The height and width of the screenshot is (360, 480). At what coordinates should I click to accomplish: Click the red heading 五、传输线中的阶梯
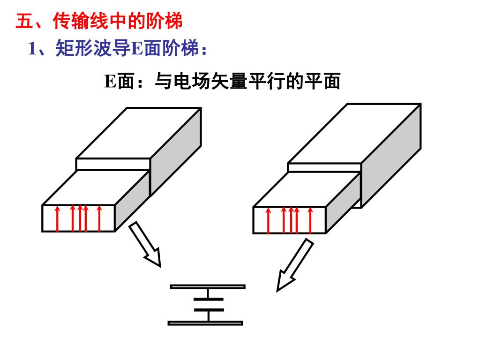tap(99, 22)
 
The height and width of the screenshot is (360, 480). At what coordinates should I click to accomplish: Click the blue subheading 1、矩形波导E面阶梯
tap(117, 48)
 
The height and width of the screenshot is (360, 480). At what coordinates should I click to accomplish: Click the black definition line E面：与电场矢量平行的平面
tap(222, 81)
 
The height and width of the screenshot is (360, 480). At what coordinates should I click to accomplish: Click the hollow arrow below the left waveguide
tap(145, 244)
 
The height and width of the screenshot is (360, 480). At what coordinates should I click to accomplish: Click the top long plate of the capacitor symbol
tap(207, 286)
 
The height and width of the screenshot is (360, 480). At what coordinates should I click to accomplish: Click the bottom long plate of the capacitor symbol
tap(205, 322)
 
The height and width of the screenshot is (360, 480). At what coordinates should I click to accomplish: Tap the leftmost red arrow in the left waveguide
tap(57, 219)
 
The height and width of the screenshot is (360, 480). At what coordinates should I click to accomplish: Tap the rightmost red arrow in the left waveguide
tap(99, 219)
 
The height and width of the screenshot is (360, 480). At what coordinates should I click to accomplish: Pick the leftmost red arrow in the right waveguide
tap(268, 221)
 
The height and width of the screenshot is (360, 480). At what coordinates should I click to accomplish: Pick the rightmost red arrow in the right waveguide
tap(310, 221)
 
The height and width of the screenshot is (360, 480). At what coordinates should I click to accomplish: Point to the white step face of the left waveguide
tap(112, 164)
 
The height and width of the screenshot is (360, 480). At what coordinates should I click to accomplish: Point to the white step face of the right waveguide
tap(324, 168)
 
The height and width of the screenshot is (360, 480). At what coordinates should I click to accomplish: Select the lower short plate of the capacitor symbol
tap(208, 310)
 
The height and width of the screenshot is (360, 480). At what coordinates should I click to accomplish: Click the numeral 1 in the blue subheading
tap(32, 49)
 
